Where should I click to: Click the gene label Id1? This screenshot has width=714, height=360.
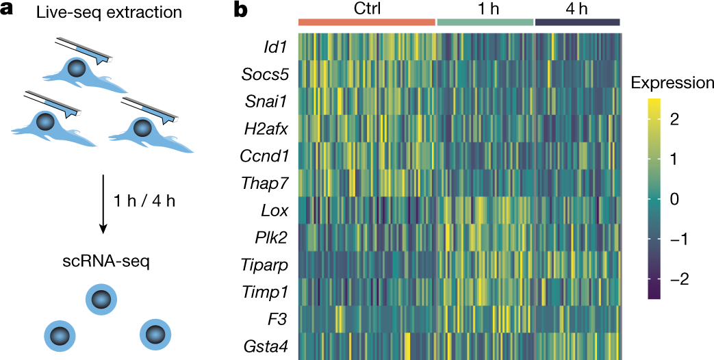pyautogui.click(x=276, y=47)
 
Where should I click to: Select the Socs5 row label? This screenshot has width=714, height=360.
pyautogui.click(x=264, y=74)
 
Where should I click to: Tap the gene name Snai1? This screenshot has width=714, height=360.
pyautogui.click(x=266, y=101)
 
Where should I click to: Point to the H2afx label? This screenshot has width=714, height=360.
pyautogui.click(x=264, y=128)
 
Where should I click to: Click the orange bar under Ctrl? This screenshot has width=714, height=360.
pyautogui.click(x=367, y=22)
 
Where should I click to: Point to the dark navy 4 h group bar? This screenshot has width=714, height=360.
pyautogui.click(x=577, y=22)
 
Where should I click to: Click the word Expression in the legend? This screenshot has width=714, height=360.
pyautogui.click(x=672, y=83)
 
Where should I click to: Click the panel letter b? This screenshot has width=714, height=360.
pyautogui.click(x=241, y=11)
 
